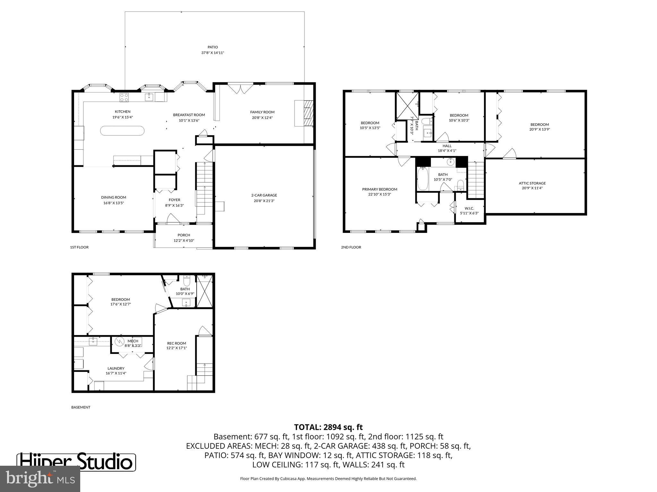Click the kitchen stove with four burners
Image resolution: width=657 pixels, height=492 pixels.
pyautogui.click(x=124, y=97)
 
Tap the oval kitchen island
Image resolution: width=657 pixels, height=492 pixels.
pyautogui.click(x=122, y=130)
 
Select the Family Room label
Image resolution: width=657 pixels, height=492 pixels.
pyautogui.click(x=262, y=112)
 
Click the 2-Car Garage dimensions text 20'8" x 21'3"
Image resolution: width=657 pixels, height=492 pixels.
pyautogui.click(x=264, y=201)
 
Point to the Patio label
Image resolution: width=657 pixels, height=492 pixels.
pyautogui.click(x=212, y=47)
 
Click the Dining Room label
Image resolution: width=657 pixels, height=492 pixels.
pyautogui.click(x=114, y=197)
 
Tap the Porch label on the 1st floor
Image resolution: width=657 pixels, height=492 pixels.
pyautogui.click(x=184, y=235)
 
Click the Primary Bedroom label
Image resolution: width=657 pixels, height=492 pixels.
pyautogui.click(x=380, y=189)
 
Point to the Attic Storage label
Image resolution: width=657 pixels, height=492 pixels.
pyautogui.click(x=532, y=183)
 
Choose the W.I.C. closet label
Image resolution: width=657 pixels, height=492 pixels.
pyautogui.click(x=469, y=208)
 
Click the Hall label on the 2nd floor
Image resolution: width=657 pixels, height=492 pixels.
pyautogui.click(x=447, y=146)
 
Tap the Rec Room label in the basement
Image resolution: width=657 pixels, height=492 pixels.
pyautogui.click(x=176, y=343)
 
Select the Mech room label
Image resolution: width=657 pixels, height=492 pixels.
pyautogui.click(x=133, y=341)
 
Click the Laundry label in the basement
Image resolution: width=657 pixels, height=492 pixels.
pyautogui.click(x=116, y=368)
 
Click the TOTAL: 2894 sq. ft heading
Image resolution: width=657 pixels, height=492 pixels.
pyautogui.click(x=328, y=427)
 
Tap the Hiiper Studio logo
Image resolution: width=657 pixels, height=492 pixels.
pyautogui.click(x=76, y=462)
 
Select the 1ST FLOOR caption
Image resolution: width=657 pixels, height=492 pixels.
pyautogui.click(x=79, y=247)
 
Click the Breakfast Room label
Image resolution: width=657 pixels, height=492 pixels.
pyautogui.click(x=189, y=115)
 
